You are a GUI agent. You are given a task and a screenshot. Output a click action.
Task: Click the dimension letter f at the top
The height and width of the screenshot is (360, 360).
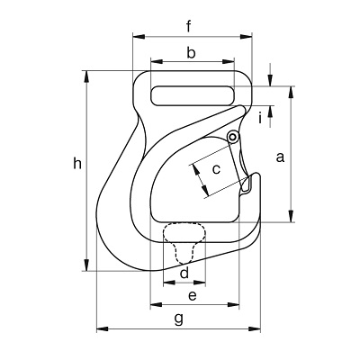188,26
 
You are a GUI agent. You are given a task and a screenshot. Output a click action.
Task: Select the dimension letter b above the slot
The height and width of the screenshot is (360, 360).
191,52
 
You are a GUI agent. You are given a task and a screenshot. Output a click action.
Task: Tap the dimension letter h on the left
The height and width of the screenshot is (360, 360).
77,164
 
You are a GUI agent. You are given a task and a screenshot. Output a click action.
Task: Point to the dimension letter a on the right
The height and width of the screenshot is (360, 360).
280,157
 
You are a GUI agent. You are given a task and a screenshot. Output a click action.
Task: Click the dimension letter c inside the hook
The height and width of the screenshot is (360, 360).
216,169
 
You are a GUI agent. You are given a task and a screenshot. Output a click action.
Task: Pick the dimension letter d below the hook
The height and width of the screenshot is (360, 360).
184,273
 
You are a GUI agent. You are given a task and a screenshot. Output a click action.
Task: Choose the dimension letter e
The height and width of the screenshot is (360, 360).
193,296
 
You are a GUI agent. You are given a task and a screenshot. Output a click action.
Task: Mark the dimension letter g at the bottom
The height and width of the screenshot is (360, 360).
179,319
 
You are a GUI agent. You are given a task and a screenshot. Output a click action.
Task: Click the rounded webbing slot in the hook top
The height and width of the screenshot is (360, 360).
193,95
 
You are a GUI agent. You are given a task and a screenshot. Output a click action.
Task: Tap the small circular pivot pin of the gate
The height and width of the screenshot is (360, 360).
232,137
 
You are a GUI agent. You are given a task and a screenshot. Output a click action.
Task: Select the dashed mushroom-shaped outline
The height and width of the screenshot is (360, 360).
184,242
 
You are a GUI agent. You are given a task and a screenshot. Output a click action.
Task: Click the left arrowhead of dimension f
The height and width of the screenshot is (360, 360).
139,37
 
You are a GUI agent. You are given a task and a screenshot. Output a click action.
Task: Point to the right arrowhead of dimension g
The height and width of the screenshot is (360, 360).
255,329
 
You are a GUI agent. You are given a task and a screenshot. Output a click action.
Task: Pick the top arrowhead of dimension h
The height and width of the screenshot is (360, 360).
86,76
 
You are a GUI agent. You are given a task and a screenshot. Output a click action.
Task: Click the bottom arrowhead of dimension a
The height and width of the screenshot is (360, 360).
291,216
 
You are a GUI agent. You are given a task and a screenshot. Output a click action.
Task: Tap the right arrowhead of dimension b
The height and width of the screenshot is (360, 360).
228,61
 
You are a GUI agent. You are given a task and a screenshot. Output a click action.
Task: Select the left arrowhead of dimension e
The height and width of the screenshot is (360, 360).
156,305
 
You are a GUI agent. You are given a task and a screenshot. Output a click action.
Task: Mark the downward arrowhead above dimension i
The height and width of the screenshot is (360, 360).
271,80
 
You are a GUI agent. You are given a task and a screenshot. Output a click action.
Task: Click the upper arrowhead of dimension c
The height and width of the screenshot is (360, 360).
195,170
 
